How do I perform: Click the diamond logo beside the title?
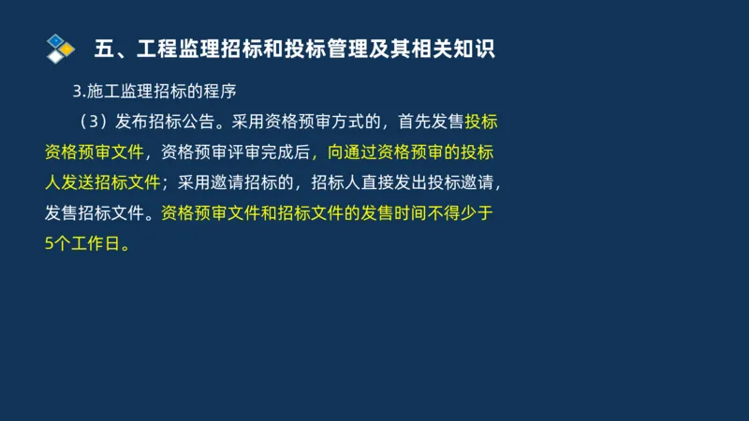60,48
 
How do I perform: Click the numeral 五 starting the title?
106,49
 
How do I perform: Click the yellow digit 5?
50,243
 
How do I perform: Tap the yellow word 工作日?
96,243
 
